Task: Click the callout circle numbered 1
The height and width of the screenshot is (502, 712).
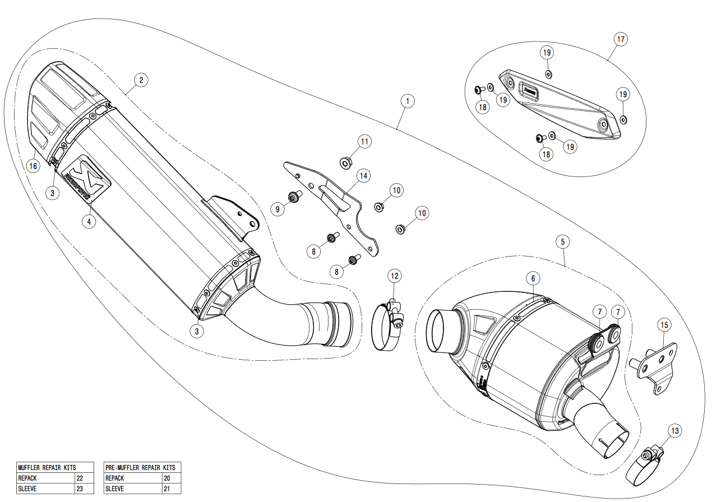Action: click(408, 101)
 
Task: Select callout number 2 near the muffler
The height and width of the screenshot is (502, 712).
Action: click(141, 80)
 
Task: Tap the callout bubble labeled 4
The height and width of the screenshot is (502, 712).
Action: click(89, 221)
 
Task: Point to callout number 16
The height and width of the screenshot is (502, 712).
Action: click(34, 166)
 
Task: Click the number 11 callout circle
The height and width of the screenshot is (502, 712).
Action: click(365, 141)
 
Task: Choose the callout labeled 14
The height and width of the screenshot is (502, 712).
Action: click(364, 176)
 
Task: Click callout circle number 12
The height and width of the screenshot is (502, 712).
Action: click(395, 276)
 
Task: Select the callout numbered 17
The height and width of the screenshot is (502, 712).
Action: click(619, 39)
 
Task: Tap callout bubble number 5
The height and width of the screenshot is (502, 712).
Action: click(563, 241)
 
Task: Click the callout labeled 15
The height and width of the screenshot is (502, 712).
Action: click(664, 324)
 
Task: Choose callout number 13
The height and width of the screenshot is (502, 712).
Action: click(674, 431)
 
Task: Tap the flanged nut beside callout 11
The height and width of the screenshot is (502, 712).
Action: click(346, 163)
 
